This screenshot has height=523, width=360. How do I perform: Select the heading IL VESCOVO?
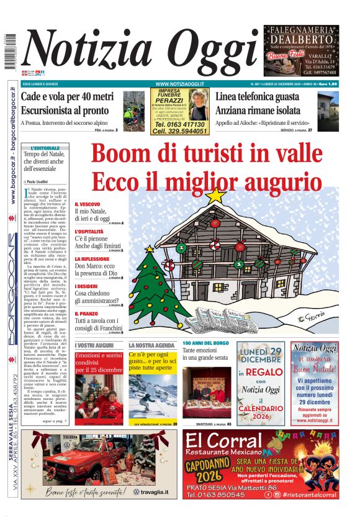pyautogui.click(x=88, y=204)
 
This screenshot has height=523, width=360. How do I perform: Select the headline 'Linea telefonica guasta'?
pyautogui.click(x=266, y=98)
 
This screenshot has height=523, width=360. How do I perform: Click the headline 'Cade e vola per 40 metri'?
pyautogui.click(x=68, y=96)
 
